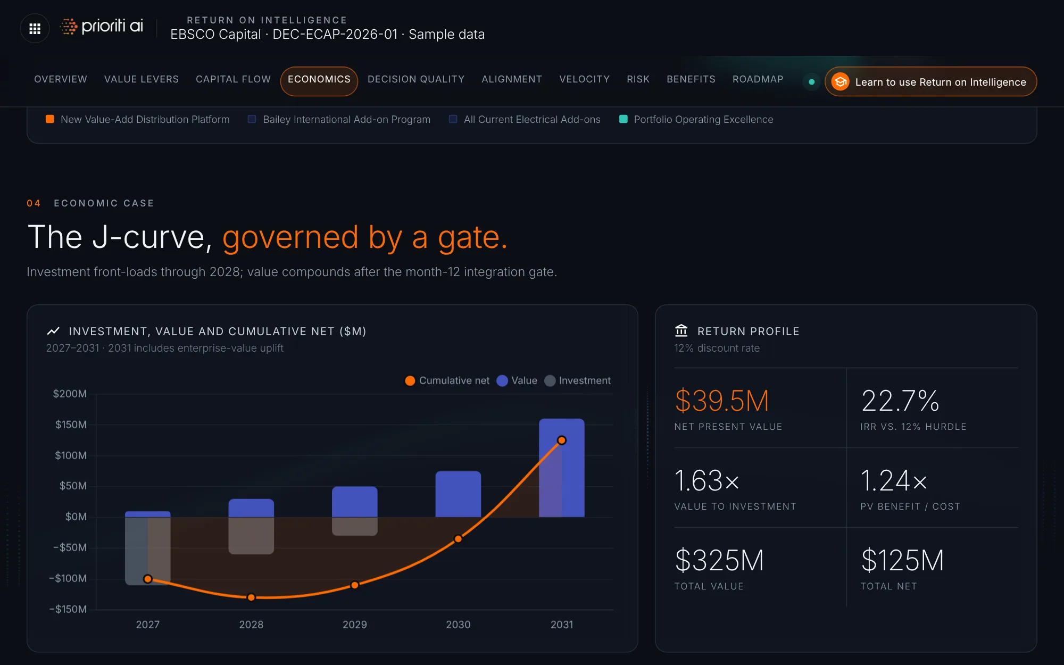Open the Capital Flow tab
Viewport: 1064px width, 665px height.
click(x=233, y=79)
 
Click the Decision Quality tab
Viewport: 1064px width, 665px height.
click(x=416, y=79)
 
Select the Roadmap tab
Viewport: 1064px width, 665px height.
click(x=758, y=79)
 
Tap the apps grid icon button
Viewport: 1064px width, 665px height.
click(x=35, y=29)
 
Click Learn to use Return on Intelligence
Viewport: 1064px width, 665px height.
click(x=930, y=82)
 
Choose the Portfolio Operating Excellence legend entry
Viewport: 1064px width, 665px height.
click(x=696, y=120)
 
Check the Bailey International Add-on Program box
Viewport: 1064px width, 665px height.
click(x=252, y=119)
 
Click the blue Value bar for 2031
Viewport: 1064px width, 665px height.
click(x=562, y=468)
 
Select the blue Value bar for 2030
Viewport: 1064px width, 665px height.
click(x=458, y=494)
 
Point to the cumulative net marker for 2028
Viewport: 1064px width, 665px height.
click(x=251, y=597)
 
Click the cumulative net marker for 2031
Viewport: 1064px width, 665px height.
click(x=562, y=440)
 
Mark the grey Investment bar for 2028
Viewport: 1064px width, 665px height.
click(x=251, y=536)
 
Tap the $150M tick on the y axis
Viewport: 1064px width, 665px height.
click(x=71, y=425)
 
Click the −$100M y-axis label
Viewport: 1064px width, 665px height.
click(x=68, y=578)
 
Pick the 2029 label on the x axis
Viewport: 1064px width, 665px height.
click(x=355, y=625)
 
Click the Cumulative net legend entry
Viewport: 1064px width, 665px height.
click(x=447, y=381)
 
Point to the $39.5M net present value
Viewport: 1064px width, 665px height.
click(x=722, y=401)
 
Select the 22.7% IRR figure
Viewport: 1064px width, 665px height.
click(x=900, y=401)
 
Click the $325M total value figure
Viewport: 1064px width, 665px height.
click(x=719, y=560)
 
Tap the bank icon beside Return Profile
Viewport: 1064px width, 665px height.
click(x=681, y=331)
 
